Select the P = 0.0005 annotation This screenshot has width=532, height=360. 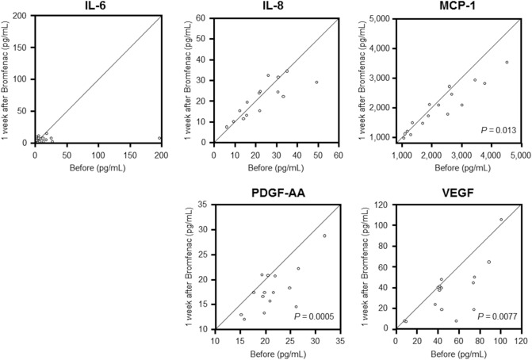coord(314,316)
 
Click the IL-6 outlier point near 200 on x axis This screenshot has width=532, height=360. coord(159,138)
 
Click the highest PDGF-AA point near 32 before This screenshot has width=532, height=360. coord(324,236)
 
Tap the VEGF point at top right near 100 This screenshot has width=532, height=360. coord(500,197)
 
